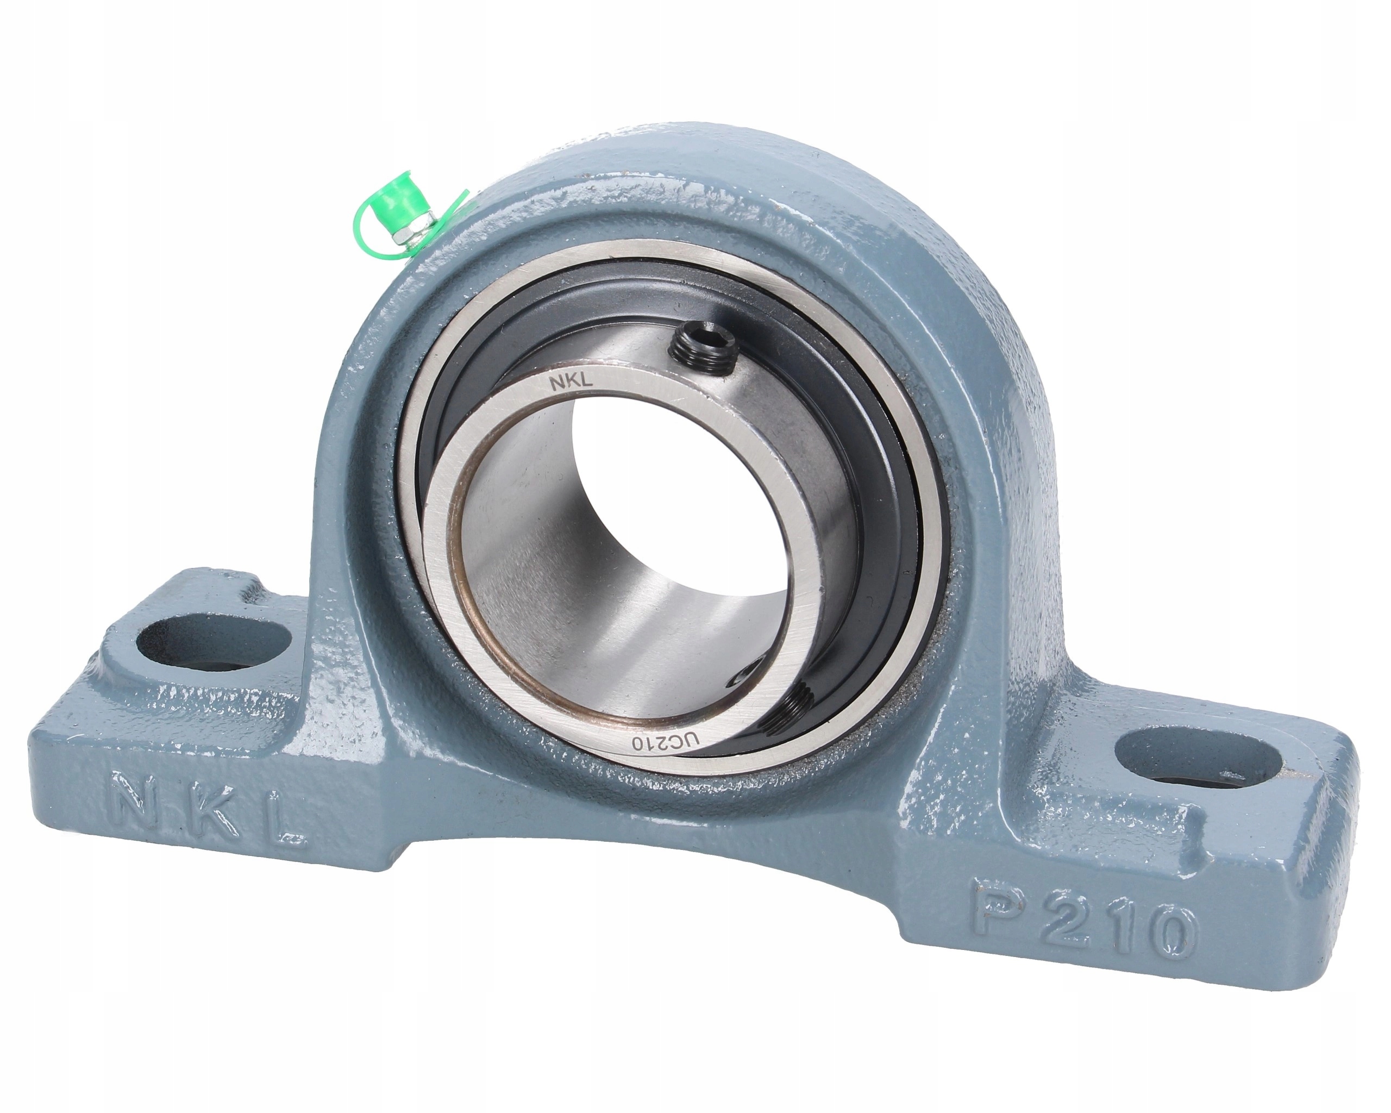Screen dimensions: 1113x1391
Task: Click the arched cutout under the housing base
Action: tap(645, 916)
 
